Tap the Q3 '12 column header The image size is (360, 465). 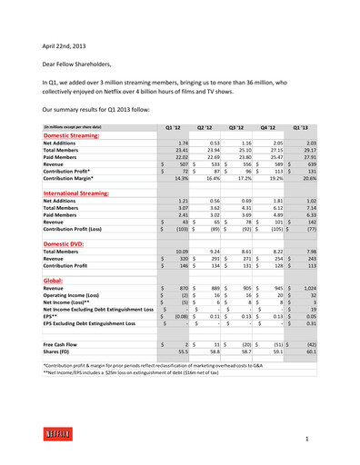(x=237, y=128)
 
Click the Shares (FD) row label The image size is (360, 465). (x=59, y=353)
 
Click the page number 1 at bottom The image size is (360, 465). (x=307, y=438)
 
